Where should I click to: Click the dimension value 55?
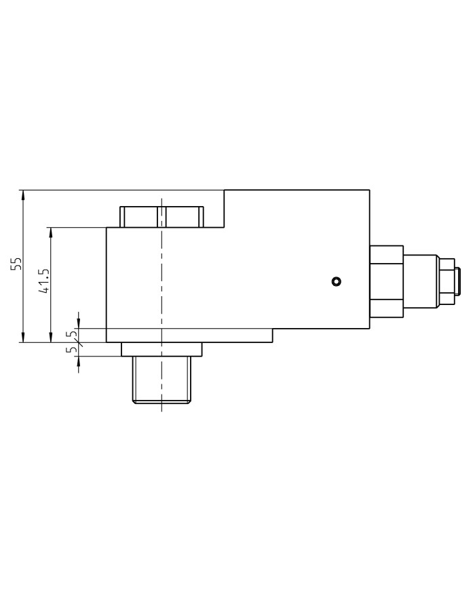(x=17, y=264)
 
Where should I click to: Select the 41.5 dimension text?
(x=44, y=281)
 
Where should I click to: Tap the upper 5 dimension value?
(x=69, y=333)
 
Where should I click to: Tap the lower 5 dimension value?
(x=69, y=351)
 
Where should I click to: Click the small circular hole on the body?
(x=336, y=281)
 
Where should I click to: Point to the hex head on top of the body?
(x=162, y=216)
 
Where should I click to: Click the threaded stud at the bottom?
(x=161, y=380)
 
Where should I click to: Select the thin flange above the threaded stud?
(x=161, y=349)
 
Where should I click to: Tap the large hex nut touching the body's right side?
(x=386, y=281)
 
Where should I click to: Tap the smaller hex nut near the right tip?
(x=446, y=281)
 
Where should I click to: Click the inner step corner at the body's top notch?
(x=225, y=227)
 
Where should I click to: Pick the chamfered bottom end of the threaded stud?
(x=161, y=401)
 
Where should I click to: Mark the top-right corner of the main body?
(x=369, y=190)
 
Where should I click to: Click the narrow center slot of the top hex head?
(x=161, y=216)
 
